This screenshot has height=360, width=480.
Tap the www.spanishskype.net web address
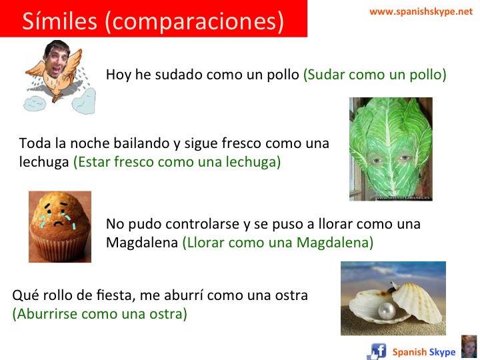[421, 11]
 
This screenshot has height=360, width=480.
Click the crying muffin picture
[59, 226]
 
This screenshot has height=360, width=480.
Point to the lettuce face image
[391, 149]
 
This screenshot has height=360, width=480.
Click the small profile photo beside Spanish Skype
[469, 347]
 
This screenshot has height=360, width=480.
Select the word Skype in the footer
[443, 352]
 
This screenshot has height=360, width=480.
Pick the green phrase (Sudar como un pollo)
[375, 75]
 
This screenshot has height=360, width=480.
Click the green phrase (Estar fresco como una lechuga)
[177, 162]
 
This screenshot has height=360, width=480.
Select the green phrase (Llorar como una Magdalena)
[277, 243]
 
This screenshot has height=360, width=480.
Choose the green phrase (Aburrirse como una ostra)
[99, 313]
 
